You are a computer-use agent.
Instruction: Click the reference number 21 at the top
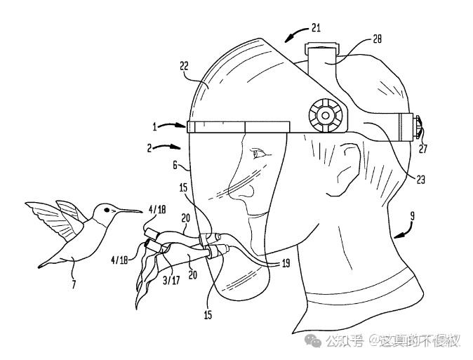click(x=315, y=27)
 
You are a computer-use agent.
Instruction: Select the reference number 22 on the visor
click(x=183, y=66)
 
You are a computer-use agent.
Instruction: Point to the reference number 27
click(x=422, y=148)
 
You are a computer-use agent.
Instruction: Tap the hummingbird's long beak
click(x=130, y=211)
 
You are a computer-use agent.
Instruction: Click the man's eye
click(x=262, y=153)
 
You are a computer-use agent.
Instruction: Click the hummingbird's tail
click(x=49, y=261)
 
